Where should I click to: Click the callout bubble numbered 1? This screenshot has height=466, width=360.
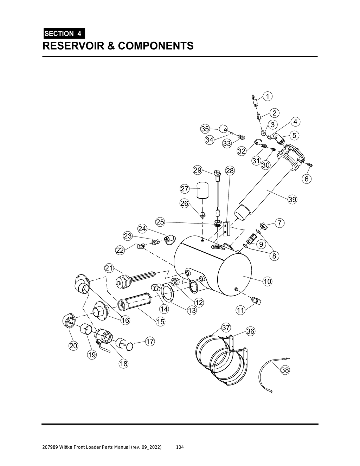coord(267,96)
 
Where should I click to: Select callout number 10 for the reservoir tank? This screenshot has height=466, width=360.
coord(267,281)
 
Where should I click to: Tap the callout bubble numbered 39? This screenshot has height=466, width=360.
coord(292,200)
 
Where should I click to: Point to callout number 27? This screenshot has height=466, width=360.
coord(185,189)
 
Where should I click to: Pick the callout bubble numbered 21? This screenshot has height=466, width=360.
coord(109,268)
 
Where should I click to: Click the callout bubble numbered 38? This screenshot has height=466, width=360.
coord(285,370)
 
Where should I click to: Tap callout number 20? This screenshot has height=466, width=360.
coord(73,346)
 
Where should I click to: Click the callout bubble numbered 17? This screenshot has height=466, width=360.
coord(150,341)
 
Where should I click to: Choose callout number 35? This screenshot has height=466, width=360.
coord(205,129)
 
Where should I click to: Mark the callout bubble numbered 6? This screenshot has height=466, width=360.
coord(306,179)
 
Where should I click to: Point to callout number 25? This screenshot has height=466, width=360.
coord(160,222)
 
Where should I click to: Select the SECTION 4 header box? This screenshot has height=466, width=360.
coord(63,34)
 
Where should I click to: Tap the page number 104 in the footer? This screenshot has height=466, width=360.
coord(180,447)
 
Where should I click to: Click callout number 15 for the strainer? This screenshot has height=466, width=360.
coord(160,321)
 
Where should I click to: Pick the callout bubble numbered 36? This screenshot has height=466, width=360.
coord(250,331)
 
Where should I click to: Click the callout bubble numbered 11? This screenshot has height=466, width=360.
coord(240,310)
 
